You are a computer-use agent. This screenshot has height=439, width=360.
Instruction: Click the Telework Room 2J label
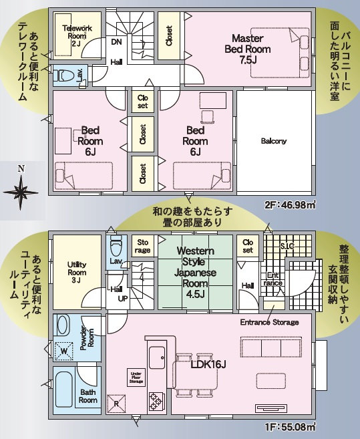[x=77, y=36]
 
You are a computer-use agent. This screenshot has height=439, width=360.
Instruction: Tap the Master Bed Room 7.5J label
[x=248, y=49]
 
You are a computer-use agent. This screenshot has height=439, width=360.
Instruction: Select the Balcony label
[x=273, y=141]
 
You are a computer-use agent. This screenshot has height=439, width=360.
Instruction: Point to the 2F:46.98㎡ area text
[x=290, y=205]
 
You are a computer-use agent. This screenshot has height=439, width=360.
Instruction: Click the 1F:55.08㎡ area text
[x=290, y=428]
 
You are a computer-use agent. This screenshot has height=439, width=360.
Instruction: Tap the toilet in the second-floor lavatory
[x=64, y=75]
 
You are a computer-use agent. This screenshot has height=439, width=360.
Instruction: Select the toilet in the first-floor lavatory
[x=116, y=244]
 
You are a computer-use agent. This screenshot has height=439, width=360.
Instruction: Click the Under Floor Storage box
[x=136, y=378]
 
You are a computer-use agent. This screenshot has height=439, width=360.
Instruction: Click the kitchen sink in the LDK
[x=157, y=357]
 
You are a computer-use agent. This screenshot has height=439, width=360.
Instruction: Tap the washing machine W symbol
[x=63, y=351]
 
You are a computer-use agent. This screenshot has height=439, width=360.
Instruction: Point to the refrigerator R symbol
[x=116, y=404]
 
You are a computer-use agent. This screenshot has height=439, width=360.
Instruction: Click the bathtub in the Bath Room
[x=64, y=390]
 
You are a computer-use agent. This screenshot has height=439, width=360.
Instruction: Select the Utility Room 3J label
[x=77, y=272]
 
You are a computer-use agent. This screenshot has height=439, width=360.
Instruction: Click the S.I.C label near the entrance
[x=287, y=247]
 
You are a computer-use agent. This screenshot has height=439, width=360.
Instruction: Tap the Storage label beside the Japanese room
[x=142, y=246]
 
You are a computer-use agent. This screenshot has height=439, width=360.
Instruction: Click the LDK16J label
[x=208, y=365]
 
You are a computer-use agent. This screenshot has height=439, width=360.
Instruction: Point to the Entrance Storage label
[x=269, y=322]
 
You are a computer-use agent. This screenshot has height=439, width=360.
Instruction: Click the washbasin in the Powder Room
[x=63, y=325]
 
